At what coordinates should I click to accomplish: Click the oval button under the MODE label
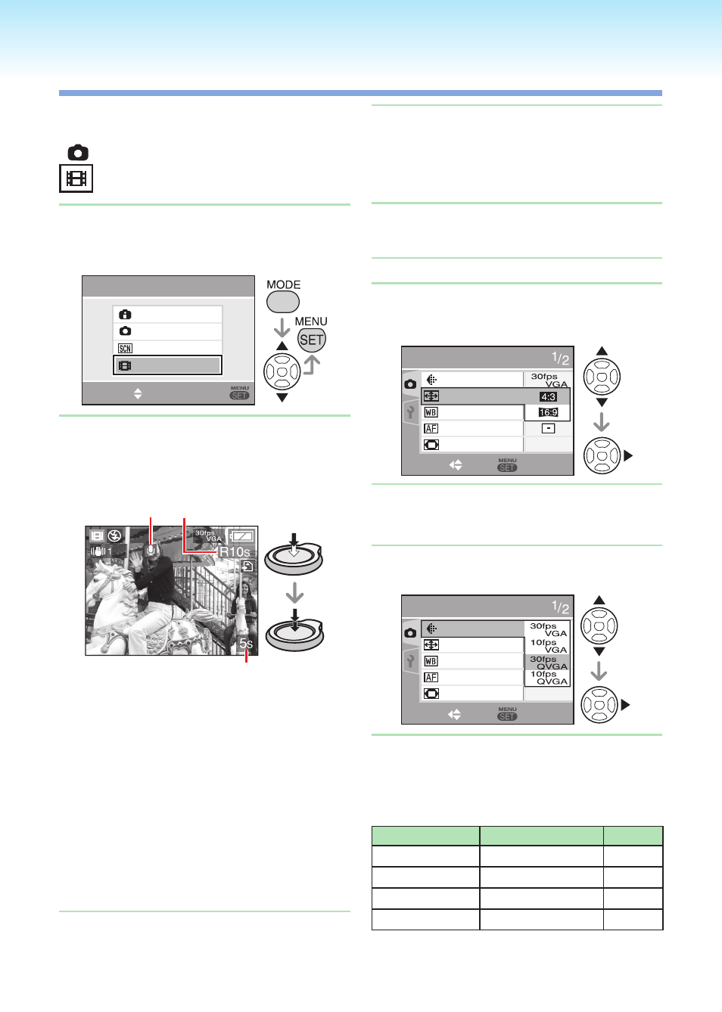point(282,301)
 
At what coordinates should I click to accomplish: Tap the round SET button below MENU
point(312,340)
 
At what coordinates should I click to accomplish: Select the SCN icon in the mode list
point(125,349)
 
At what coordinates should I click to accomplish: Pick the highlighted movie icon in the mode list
point(125,365)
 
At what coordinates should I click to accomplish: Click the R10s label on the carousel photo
point(234,551)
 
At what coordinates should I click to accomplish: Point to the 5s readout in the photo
point(246,644)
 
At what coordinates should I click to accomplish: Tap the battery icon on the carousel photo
point(242,536)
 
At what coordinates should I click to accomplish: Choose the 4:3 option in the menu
point(548,396)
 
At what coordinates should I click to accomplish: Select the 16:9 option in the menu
point(548,412)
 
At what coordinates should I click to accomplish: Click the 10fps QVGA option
point(548,678)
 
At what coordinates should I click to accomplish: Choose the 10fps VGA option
point(548,646)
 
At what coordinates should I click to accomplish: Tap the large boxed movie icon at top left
point(76,179)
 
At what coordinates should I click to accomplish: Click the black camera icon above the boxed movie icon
point(78,153)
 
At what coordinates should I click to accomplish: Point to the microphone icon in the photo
point(152,550)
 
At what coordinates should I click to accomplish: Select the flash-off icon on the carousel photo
point(115,535)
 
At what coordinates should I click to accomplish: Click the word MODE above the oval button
point(284,284)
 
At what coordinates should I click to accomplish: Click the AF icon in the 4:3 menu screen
point(431,428)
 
